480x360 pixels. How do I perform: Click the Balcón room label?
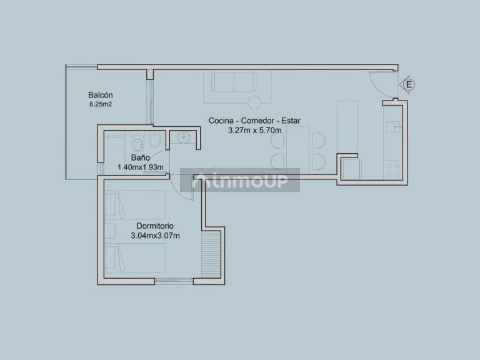click(101, 95)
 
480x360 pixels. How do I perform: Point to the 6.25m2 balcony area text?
click(101, 104)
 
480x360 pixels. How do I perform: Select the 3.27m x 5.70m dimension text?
click(255, 131)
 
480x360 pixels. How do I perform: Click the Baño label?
click(141, 157)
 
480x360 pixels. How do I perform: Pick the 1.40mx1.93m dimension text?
click(141, 167)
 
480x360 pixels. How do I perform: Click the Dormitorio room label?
click(155, 226)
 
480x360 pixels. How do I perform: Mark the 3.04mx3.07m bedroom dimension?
click(155, 236)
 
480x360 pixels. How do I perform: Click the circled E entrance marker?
click(409, 84)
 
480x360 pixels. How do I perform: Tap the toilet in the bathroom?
click(137, 141)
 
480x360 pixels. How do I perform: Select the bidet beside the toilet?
click(155, 139)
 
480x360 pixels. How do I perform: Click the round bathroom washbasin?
click(183, 137)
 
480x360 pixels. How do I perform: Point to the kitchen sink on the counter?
click(393, 127)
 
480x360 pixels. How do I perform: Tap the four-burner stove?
click(393, 170)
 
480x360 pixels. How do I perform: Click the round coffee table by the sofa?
click(254, 102)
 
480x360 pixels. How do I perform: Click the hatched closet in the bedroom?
click(211, 254)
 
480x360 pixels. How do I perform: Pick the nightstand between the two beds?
click(110, 231)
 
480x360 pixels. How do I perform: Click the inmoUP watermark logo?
click(240, 180)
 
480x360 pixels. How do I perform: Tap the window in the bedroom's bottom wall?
click(174, 280)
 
